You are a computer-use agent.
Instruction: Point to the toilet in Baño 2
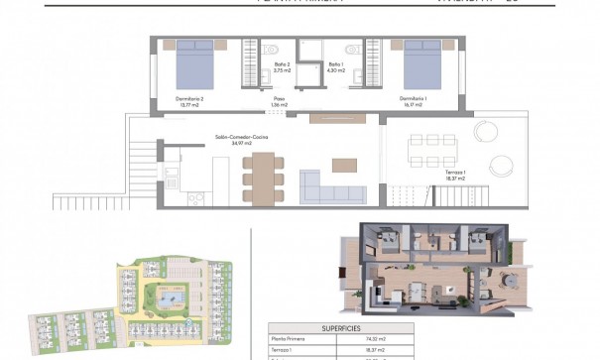tap(275, 50)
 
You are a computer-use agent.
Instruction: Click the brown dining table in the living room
tap(262, 179)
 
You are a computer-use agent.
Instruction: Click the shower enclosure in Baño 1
tap(309, 50)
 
